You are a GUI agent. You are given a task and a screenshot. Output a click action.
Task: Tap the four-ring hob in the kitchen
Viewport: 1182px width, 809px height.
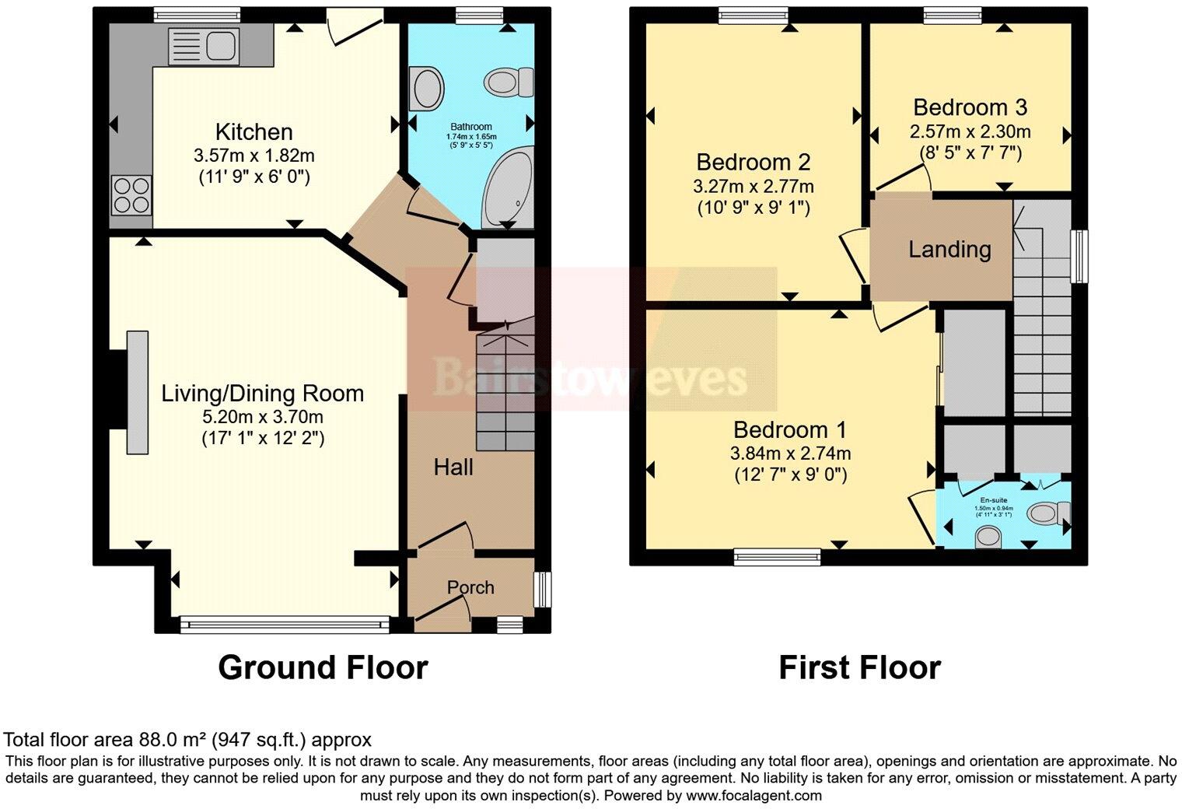pos(131,194)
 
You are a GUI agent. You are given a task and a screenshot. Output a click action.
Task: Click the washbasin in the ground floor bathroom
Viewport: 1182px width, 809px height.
pos(427,88)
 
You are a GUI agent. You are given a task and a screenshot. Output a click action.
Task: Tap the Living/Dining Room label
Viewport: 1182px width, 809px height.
pos(262,393)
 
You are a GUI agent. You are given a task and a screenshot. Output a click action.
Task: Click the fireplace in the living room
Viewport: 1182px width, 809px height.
pos(137,392)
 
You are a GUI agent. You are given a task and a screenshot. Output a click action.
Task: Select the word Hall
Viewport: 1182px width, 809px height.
pos(453,467)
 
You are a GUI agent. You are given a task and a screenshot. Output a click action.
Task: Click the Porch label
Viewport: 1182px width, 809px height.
pos(470,587)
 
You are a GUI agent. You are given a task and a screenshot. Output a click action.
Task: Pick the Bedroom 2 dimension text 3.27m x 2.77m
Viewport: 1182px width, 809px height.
pos(753,187)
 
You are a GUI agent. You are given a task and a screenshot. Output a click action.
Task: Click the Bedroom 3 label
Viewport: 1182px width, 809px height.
pos(970,107)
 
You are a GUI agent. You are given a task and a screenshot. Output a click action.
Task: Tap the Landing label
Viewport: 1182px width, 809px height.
pos(949,249)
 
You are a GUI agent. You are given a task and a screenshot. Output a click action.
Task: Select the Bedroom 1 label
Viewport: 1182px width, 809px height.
pos(789,429)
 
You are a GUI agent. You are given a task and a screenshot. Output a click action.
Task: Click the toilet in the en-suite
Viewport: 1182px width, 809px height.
pos(1048,513)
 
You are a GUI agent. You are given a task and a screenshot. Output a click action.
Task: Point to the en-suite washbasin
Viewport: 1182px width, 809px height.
pos(988,536)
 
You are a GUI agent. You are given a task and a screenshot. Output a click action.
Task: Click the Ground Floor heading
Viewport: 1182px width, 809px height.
pos(323,667)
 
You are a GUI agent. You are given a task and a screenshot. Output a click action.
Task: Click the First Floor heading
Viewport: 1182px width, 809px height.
pos(859,667)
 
